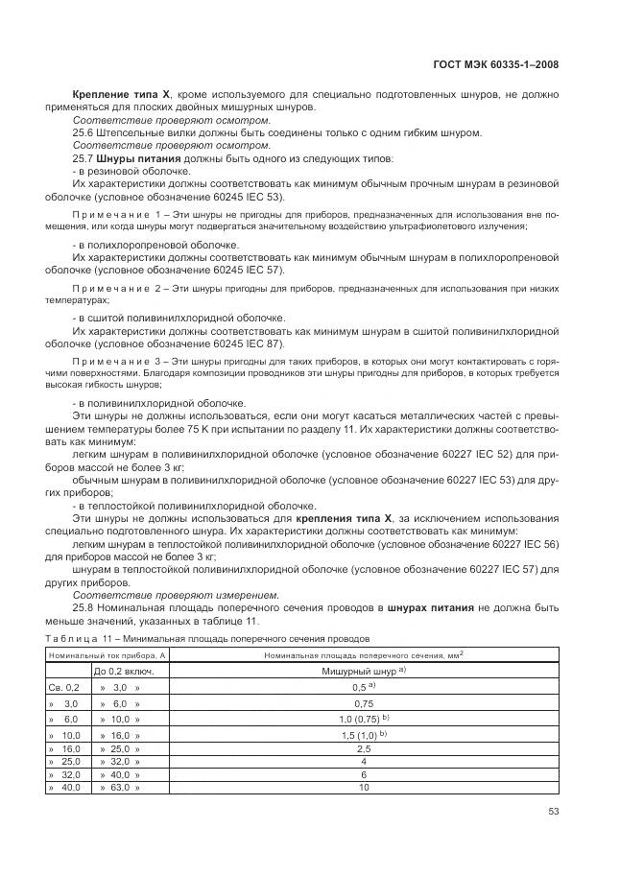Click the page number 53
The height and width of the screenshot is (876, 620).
(553, 811)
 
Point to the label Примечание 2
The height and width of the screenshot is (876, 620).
(113, 287)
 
